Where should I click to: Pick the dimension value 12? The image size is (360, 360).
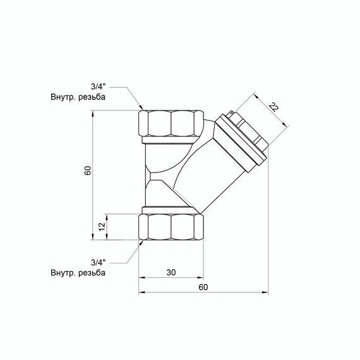(x=102, y=227)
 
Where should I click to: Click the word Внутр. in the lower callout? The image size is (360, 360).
(x=63, y=273)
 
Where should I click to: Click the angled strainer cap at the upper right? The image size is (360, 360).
(x=243, y=139)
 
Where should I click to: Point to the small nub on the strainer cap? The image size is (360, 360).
(x=232, y=114)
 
